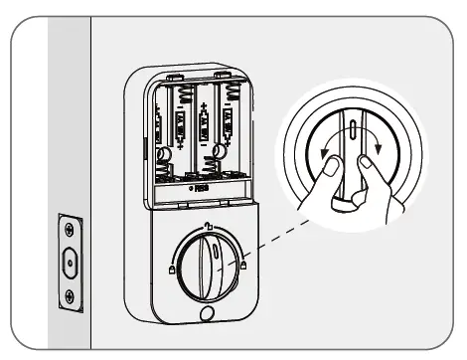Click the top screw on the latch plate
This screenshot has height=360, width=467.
pyautogui.click(x=69, y=228)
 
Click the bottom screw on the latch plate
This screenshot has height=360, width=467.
pyautogui.click(x=69, y=295)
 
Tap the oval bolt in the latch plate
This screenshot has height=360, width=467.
pyautogui.click(x=69, y=262)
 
